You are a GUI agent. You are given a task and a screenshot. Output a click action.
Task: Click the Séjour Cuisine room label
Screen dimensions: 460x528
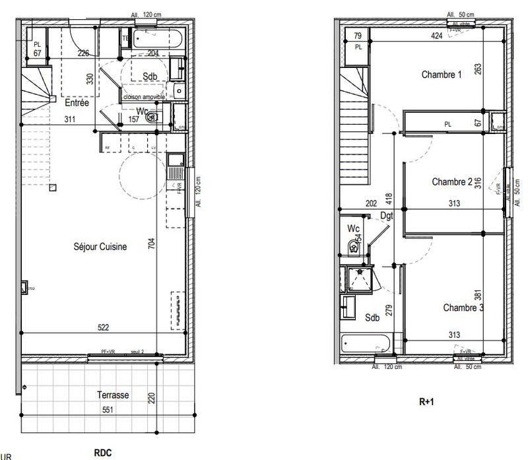pos(100,247)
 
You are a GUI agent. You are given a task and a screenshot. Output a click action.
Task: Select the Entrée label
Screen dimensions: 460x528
pos(77,103)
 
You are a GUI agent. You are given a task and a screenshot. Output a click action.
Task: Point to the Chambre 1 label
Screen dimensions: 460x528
pos(442,75)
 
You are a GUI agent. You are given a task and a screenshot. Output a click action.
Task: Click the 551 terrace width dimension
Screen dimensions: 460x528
pos(108,409)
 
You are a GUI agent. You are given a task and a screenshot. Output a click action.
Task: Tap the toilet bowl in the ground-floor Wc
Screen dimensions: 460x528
pos(152,117)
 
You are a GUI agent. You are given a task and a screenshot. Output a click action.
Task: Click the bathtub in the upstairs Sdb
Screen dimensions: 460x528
pos(366,344)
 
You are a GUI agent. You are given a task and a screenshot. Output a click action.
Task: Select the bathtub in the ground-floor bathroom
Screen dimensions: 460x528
pos(158,37)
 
